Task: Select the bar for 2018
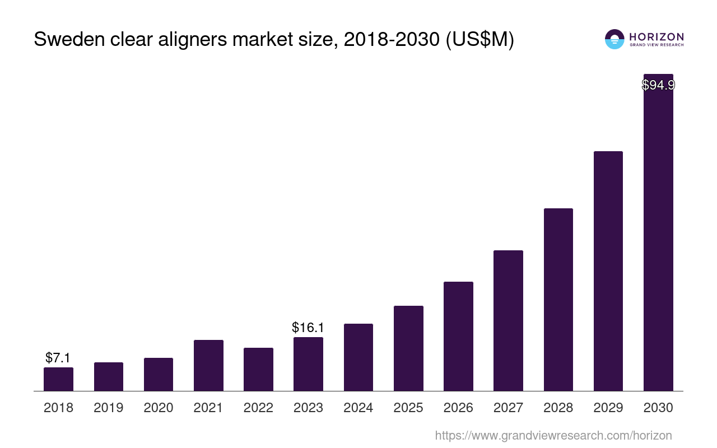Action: pos(58,379)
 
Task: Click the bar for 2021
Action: pos(208,365)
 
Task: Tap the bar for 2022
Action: pos(258,369)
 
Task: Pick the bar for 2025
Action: pos(408,348)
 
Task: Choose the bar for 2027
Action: pos(508,320)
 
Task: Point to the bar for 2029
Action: pos(608,271)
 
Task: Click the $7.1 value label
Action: pos(58,357)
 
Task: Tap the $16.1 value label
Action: pos(308,328)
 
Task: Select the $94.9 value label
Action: pos(658,85)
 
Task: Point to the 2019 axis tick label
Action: pos(108,408)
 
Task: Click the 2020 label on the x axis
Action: pos(159,408)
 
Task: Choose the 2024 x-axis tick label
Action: pos(358,408)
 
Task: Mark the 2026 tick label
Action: pos(458,408)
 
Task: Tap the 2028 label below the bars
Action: pos(558,408)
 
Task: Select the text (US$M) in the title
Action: pos(479,40)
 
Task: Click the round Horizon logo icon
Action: pos(614,39)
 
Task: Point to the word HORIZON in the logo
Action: pos(656,37)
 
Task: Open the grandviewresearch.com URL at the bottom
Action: pos(553,435)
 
